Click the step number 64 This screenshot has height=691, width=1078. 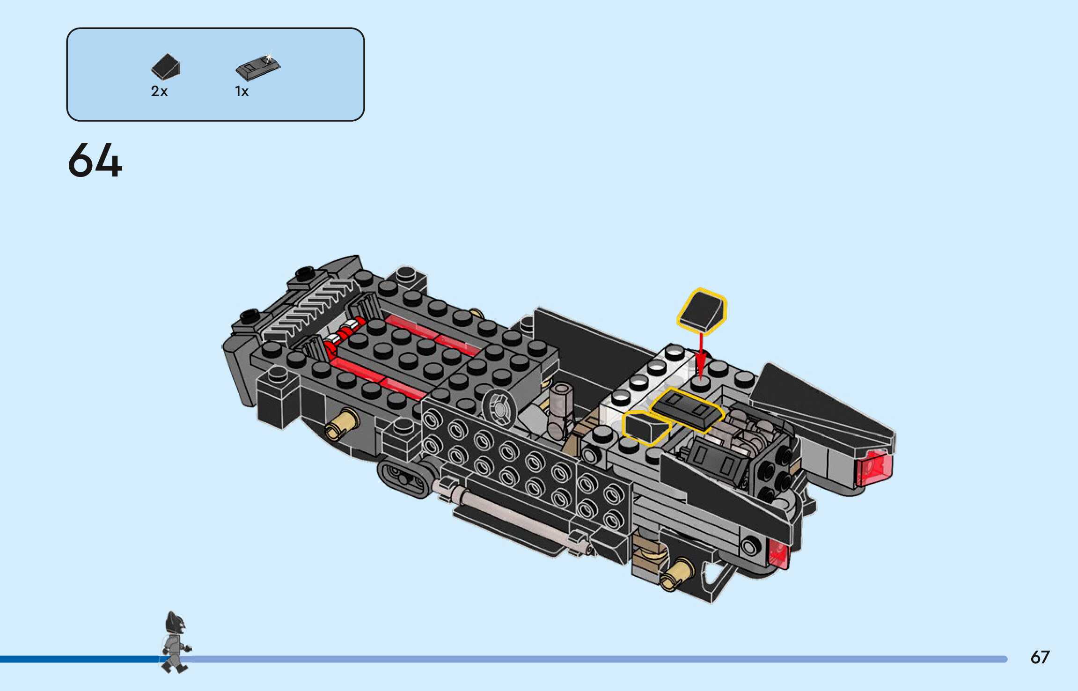95,160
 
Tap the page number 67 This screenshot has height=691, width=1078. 1040,657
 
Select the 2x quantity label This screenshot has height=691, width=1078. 159,91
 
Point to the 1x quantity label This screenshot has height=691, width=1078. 242,91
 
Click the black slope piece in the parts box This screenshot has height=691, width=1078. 166,66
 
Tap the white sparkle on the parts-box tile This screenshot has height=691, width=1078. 269,59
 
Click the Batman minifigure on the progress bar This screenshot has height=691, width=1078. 176,642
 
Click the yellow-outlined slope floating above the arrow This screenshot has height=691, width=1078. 702,311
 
